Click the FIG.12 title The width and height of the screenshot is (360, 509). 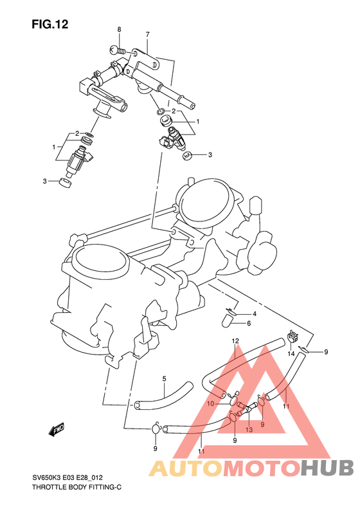[x=50, y=24]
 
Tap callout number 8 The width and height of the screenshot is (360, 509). [x=118, y=30]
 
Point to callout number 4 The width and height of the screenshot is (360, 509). [x=255, y=313]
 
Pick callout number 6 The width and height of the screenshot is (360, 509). [x=248, y=323]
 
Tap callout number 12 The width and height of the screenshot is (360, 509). [x=235, y=340]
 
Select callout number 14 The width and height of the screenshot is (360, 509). [x=291, y=354]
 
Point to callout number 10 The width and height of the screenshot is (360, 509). [x=210, y=403]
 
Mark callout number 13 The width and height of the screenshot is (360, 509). [x=248, y=429]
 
